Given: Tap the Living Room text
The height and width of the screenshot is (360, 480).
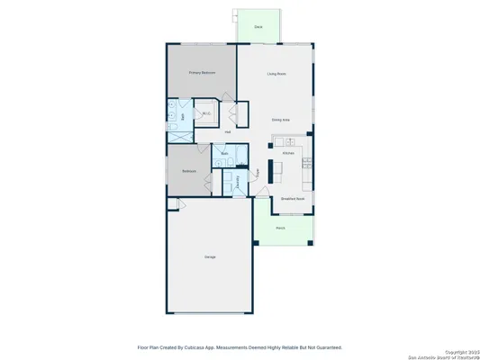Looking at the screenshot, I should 276,74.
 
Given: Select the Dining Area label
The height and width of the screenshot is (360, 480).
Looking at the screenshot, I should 281,119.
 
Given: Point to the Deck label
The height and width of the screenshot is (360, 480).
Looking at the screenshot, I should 258,28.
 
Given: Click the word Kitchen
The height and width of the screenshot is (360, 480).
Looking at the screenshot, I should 288,154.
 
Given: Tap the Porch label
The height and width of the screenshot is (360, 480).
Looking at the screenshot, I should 280,228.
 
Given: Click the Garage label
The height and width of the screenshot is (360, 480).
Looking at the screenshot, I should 210,257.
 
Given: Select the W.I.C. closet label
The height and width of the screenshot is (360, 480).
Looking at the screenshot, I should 206,113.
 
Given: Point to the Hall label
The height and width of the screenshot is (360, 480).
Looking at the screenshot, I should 228,132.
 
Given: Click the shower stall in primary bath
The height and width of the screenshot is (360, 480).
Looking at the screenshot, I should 176,133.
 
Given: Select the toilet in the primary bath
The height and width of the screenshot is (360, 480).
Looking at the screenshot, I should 171,106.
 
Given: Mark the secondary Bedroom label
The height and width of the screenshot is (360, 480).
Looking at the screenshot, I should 190,170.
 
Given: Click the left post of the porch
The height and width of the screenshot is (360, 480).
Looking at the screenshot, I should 256,242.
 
